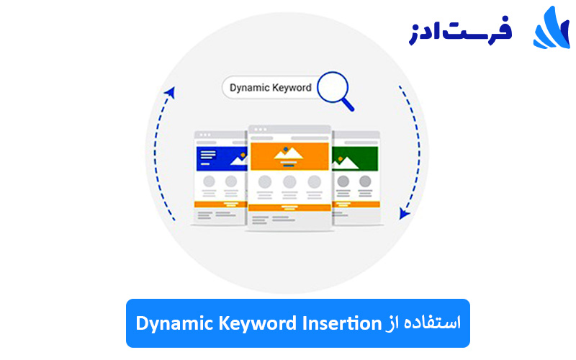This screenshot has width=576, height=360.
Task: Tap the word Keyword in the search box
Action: click(x=292, y=88)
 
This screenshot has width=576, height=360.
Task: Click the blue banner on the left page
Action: click(x=220, y=158)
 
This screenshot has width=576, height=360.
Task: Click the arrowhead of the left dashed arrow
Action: click(x=171, y=91)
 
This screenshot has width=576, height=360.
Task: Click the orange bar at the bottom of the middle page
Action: click(x=289, y=207)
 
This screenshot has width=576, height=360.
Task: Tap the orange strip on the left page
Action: click(x=220, y=204)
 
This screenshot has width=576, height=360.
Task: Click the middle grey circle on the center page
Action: click(x=289, y=181)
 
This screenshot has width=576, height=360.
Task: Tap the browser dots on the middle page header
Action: click(x=260, y=130)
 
